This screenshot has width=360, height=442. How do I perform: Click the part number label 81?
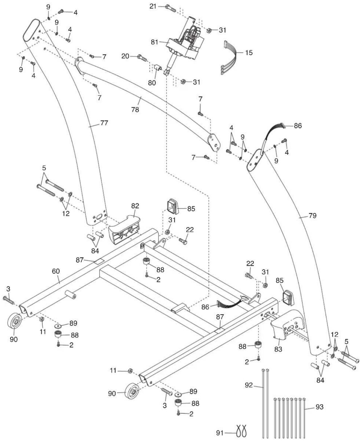coord(154,42)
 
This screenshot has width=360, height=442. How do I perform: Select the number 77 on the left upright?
coord(104,123)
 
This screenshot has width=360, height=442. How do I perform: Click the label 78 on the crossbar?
coord(135,109)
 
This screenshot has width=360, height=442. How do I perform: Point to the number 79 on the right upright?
coord(312,215)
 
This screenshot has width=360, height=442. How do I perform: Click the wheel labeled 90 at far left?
coord(14,321)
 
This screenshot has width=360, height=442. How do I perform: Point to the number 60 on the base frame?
coord(56,271)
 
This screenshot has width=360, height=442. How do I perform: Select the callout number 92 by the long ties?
coord(249,385)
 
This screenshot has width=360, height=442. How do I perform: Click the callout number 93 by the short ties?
coord(319,407)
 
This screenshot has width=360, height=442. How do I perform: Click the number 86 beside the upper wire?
coord(298,126)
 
